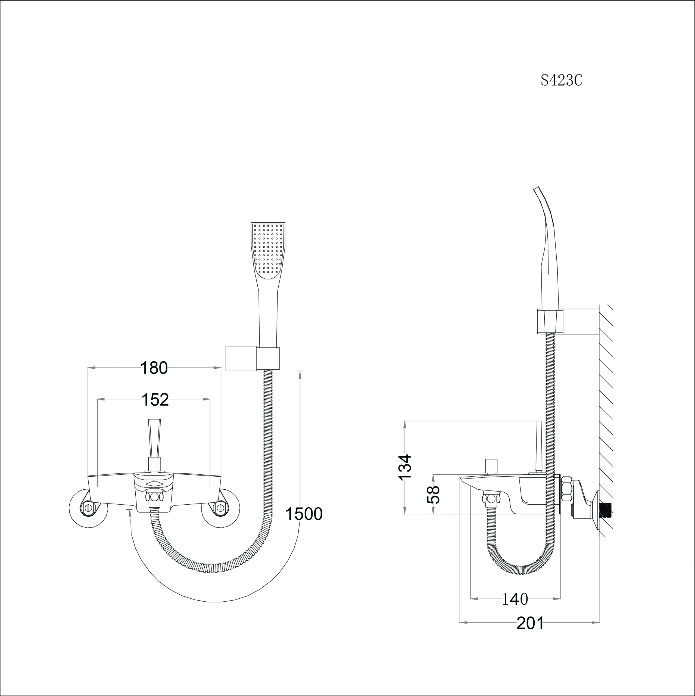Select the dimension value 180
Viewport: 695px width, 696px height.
(154, 368)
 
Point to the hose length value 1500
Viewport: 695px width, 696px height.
(304, 514)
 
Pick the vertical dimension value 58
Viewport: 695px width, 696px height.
(433, 495)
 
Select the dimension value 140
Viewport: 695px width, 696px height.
(515, 599)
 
